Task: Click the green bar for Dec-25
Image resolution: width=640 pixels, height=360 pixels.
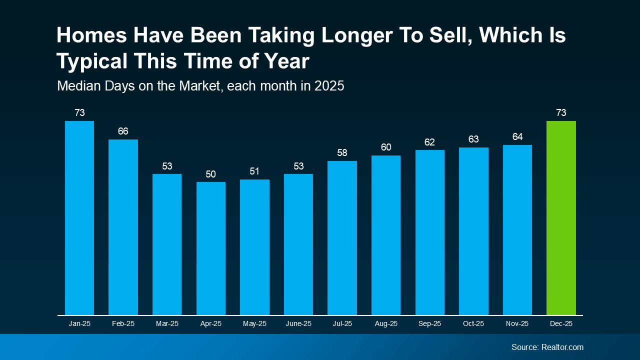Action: [x=561, y=218]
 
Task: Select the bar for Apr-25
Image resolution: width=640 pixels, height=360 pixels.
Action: [x=211, y=248]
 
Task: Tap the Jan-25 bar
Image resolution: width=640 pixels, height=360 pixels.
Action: [x=79, y=218]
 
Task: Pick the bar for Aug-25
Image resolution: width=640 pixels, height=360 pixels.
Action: [x=386, y=235]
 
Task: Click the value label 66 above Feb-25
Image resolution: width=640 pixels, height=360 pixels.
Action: [x=123, y=131]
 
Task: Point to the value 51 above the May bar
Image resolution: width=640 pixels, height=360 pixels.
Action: [x=254, y=171]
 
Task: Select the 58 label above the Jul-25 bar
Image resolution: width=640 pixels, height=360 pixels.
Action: [x=342, y=153]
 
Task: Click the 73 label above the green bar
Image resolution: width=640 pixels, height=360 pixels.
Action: [x=561, y=113]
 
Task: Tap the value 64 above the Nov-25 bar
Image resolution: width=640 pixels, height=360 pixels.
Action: [x=517, y=137]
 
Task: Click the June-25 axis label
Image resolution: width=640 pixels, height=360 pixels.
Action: [x=298, y=324]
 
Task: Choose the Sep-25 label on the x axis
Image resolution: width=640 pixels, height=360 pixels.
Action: [x=430, y=324]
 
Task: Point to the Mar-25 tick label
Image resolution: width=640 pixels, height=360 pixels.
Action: [x=167, y=324]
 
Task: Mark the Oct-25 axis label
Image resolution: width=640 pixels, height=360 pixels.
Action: [x=473, y=324]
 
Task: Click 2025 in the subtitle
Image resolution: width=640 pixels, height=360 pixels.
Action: [x=329, y=86]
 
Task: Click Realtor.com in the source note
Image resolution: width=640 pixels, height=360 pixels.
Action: [x=562, y=347]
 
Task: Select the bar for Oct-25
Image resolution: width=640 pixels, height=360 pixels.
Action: [x=473, y=231]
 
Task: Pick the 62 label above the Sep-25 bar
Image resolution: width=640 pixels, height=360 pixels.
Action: [x=430, y=142]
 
